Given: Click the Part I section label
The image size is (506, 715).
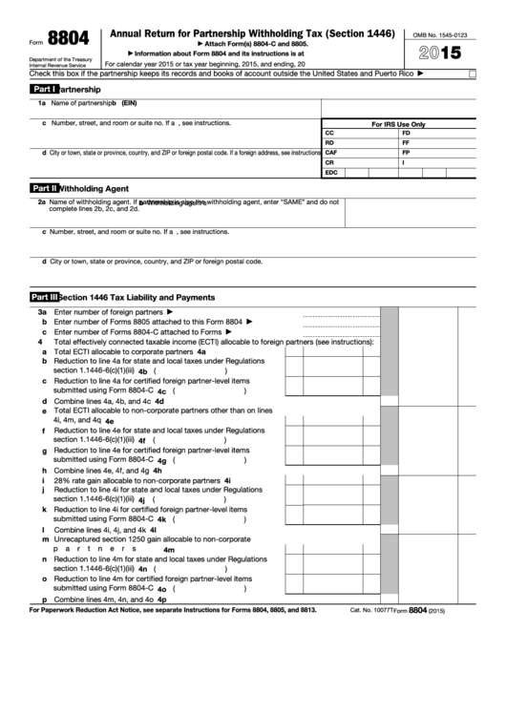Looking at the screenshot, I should pyautogui.click(x=44, y=89).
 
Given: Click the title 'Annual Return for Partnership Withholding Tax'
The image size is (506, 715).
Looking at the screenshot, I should pyautogui.click(x=253, y=33).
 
